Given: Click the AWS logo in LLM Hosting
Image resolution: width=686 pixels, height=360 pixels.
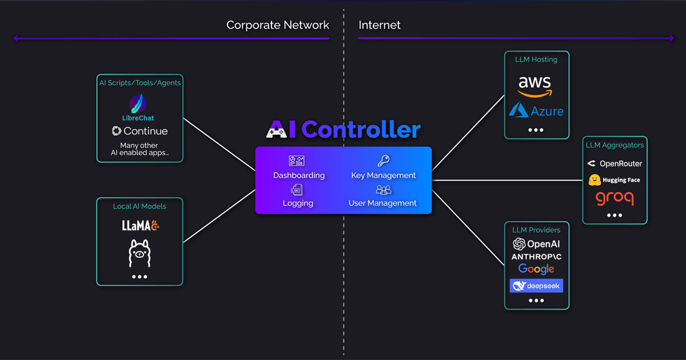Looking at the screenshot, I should click(x=535, y=86).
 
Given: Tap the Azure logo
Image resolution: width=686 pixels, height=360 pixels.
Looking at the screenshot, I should click(x=536, y=110).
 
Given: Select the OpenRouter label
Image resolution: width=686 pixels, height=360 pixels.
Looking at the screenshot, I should click(x=620, y=163).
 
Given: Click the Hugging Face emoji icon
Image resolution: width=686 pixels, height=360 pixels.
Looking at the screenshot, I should click(x=595, y=180).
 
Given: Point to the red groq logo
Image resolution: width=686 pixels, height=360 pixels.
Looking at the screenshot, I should click(x=615, y=198).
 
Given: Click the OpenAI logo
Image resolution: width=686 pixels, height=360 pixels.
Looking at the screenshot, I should click(x=536, y=244).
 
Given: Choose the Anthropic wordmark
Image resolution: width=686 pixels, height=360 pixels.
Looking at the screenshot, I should click(x=536, y=257).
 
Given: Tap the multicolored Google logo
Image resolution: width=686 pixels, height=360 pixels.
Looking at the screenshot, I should click(x=536, y=269).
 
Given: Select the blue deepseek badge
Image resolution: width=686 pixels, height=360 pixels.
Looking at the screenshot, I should click(x=536, y=286).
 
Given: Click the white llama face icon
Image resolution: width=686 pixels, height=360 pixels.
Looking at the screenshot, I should click(x=139, y=253).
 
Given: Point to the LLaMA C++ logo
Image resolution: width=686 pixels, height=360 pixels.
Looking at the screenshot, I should click(x=140, y=226).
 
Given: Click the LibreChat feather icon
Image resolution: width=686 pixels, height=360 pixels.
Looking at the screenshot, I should click(x=138, y=104).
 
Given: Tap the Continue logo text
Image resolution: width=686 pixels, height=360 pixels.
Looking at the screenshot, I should click(x=139, y=131).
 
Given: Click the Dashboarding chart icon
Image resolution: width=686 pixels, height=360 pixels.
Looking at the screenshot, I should click(x=297, y=161).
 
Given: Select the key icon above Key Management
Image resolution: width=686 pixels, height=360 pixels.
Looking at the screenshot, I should click(x=383, y=161).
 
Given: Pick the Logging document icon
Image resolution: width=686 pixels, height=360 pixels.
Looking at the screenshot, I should click(x=297, y=190).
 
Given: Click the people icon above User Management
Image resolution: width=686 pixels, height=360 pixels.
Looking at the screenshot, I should click(x=383, y=190).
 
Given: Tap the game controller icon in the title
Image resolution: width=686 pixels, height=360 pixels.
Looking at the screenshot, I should click(x=277, y=131).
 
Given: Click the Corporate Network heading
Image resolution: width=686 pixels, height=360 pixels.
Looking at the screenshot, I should click(x=278, y=25).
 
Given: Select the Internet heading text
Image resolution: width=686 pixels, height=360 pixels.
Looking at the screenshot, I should click(x=380, y=25).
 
